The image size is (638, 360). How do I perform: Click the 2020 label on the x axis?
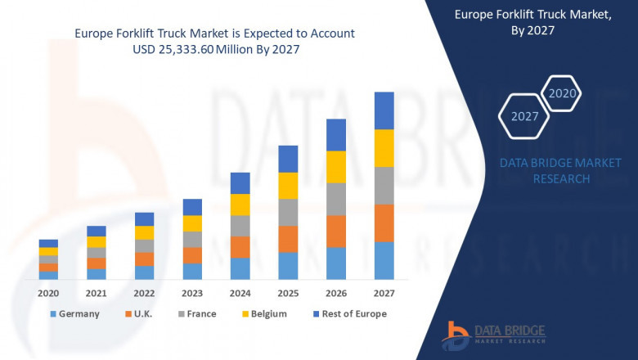click(x=48, y=292)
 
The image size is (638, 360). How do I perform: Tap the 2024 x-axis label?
click(x=240, y=292)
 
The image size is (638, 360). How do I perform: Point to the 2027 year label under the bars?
click(x=384, y=292)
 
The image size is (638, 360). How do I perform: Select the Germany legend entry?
click(x=74, y=313)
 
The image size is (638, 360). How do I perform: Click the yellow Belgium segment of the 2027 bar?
click(x=384, y=148)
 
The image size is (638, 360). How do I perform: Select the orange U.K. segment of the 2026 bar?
click(x=336, y=231)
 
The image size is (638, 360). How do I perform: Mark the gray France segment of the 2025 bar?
click(x=288, y=212)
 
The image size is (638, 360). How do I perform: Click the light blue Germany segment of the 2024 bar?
click(x=240, y=268)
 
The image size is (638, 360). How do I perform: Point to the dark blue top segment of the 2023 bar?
click(x=192, y=207)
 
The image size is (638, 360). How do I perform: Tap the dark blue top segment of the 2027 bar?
click(x=384, y=110)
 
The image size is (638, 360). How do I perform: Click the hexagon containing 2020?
click(x=562, y=93)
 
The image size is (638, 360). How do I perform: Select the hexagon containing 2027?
click(x=524, y=116)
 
